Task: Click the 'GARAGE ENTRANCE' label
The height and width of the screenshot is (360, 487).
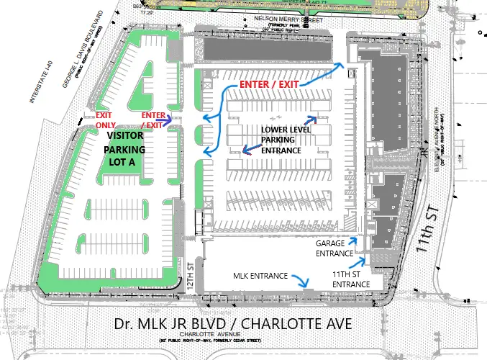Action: click(x=334, y=248)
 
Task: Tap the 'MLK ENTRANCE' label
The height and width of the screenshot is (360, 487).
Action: click(x=260, y=276)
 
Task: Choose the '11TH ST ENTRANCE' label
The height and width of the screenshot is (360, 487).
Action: click(x=351, y=279)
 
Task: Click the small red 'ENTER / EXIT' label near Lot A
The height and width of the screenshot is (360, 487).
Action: click(x=153, y=120)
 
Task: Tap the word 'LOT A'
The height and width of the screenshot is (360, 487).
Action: click(x=127, y=163)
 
